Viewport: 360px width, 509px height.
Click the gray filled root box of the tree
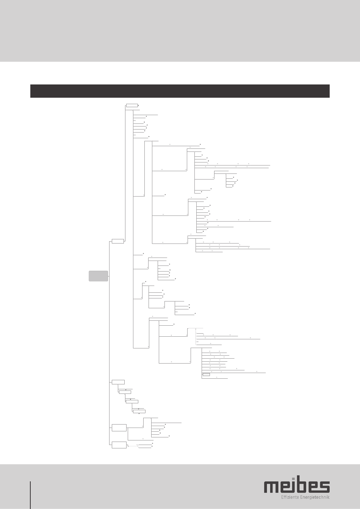[98, 276]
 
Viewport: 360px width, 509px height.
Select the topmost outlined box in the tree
[132, 105]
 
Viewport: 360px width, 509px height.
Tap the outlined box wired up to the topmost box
[118, 241]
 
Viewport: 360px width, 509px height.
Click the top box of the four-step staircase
[118, 382]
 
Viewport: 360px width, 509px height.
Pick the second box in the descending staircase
[125, 392]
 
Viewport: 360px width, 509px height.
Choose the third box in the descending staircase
[132, 401]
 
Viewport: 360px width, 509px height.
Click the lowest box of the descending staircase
[139, 411]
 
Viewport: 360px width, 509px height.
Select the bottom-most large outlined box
[119, 445]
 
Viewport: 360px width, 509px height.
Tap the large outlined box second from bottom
[119, 428]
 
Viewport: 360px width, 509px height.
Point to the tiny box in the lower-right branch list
[206, 375]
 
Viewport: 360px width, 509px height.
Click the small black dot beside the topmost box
[139, 105]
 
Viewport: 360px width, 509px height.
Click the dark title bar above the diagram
[180, 91]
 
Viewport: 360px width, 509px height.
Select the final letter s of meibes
[324, 487]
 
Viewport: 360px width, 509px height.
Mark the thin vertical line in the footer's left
[30, 495]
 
